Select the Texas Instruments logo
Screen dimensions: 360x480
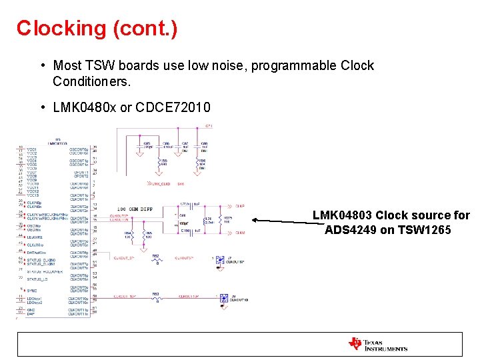(x=377, y=345)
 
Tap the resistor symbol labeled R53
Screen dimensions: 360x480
(x=156, y=298)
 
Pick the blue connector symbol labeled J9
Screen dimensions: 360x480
(x=224, y=299)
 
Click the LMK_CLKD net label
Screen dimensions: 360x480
(x=159, y=183)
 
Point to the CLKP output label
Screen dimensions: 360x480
(x=241, y=206)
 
